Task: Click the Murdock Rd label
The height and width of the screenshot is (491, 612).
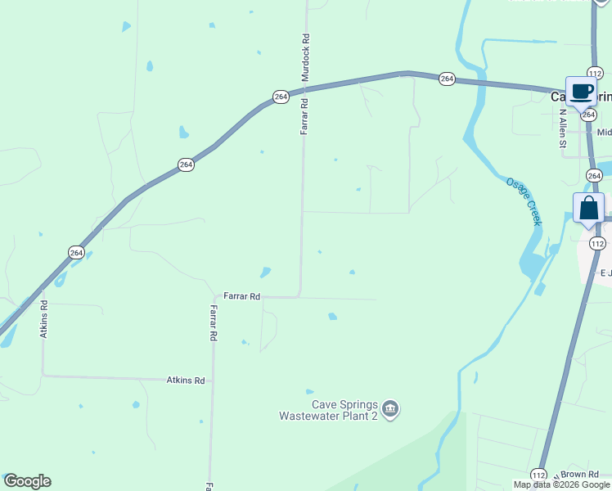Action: (x=305, y=50)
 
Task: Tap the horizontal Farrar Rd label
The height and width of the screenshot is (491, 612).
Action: (x=242, y=296)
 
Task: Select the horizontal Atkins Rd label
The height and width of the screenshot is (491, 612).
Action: (x=186, y=380)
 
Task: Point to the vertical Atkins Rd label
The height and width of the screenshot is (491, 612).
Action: (x=44, y=318)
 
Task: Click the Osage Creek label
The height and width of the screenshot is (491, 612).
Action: (x=524, y=201)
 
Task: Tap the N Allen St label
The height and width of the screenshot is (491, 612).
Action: (x=562, y=132)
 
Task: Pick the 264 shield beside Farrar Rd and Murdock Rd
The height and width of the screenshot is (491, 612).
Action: (x=281, y=97)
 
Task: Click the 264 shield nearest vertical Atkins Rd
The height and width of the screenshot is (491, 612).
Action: (x=75, y=252)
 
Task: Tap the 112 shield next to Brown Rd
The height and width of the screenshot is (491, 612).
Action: (x=538, y=475)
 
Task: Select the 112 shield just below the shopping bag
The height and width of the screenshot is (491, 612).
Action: (x=597, y=243)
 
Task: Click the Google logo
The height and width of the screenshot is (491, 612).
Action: (x=27, y=481)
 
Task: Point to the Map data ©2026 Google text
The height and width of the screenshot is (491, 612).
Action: (x=561, y=484)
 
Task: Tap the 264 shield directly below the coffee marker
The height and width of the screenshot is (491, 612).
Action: (x=588, y=115)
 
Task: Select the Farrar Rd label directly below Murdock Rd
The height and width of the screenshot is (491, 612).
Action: (x=304, y=116)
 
